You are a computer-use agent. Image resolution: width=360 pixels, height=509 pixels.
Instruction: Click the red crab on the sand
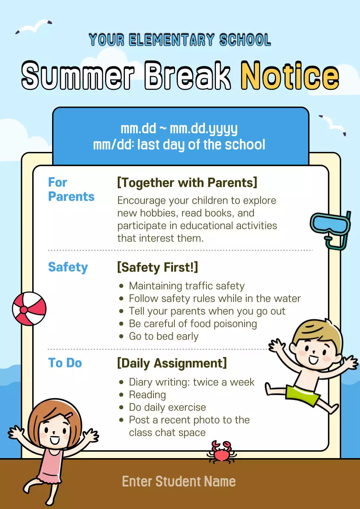(221, 452)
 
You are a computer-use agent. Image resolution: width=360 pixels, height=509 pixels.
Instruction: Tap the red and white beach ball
(29, 309)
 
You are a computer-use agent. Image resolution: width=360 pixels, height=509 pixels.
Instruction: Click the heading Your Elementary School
(180, 40)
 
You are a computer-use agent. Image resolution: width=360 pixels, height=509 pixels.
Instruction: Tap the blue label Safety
(68, 267)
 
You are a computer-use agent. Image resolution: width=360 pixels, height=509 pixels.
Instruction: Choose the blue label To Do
(65, 363)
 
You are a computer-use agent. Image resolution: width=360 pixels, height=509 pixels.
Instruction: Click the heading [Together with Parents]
(187, 183)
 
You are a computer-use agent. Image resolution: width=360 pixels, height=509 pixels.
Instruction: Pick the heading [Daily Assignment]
(172, 363)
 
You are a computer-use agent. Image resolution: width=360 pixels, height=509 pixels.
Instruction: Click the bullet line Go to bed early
(163, 336)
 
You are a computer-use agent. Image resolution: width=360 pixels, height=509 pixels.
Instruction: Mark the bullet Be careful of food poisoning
(193, 324)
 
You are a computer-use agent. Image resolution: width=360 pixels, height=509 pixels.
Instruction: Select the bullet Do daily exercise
(167, 408)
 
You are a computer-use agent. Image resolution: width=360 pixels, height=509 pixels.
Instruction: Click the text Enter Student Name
(179, 481)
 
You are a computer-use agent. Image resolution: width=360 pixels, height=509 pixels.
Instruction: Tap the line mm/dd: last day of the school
(179, 145)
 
